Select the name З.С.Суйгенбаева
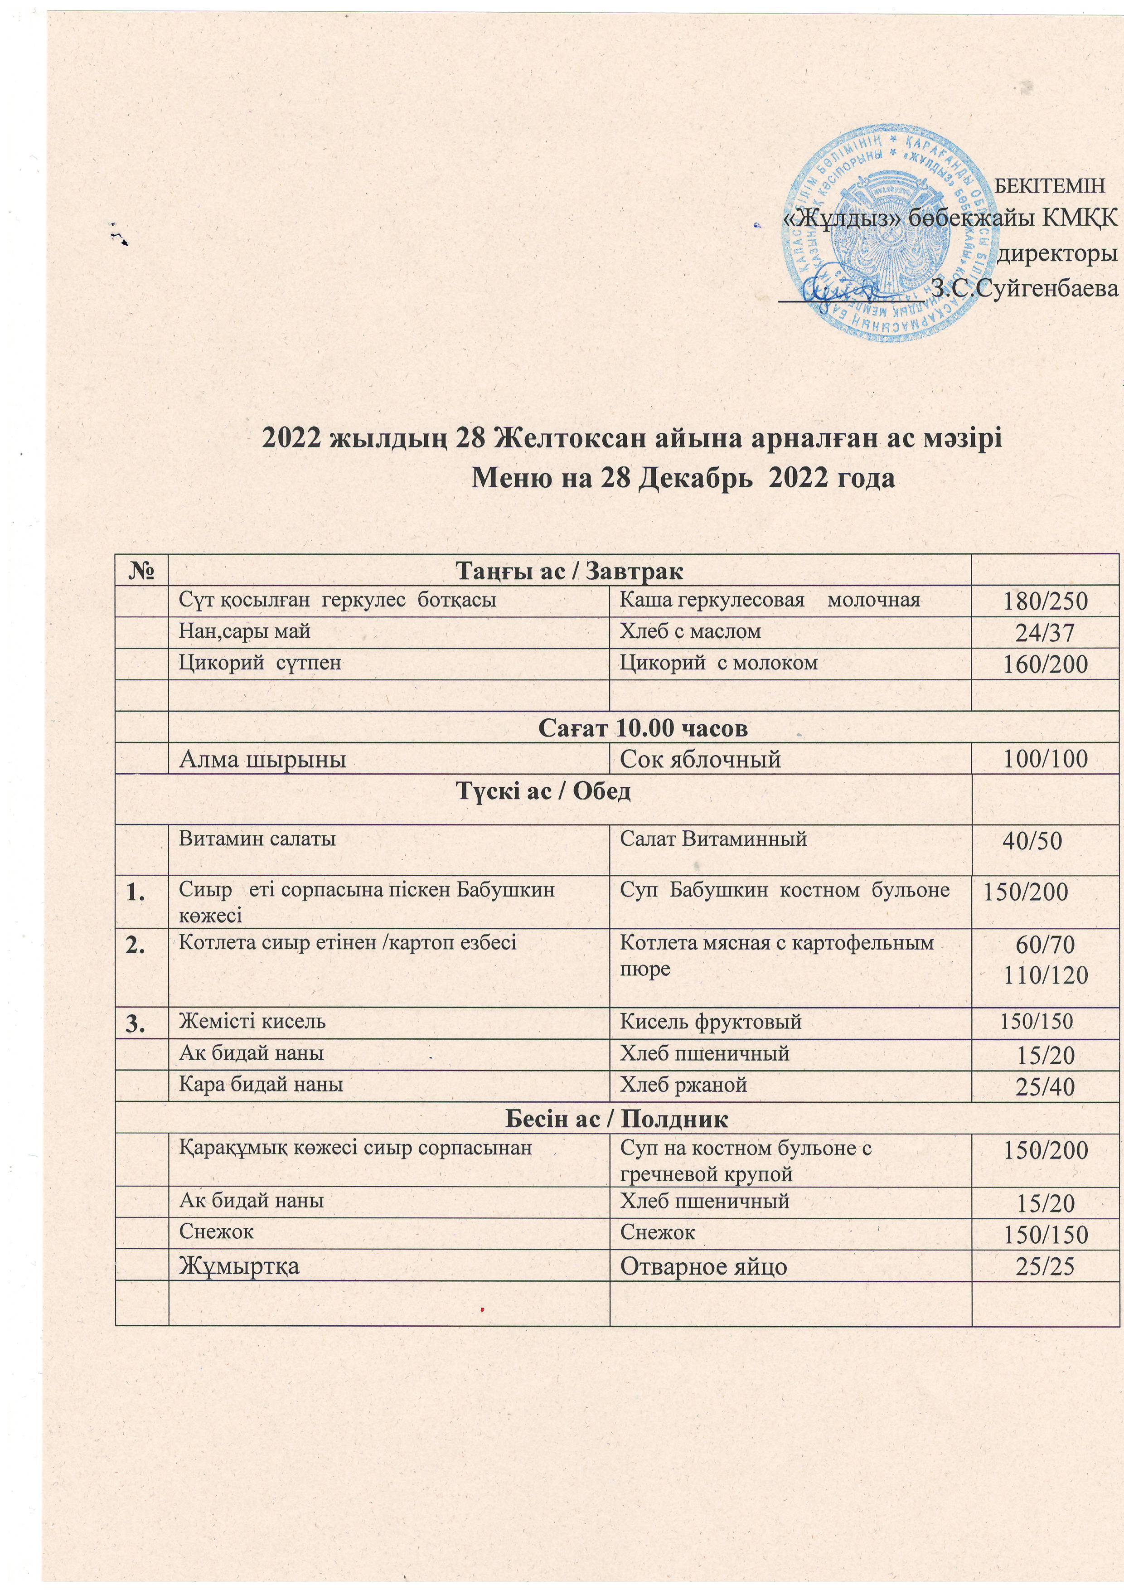click(1024, 288)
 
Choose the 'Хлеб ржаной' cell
click(683, 1085)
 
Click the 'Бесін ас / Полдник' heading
click(617, 1118)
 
